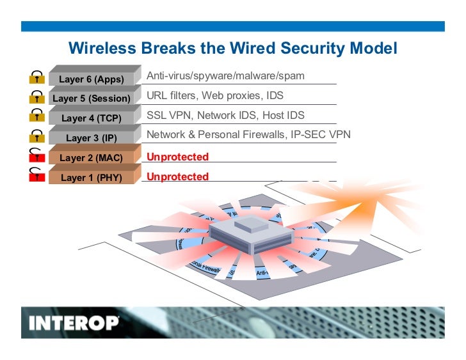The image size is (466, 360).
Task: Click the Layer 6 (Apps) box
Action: [92, 79]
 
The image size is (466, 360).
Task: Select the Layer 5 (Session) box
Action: [92, 98]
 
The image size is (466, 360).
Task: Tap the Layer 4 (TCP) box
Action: [92, 118]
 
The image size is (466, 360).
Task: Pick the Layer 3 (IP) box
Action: [92, 137]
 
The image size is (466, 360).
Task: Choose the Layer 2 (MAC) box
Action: [92, 157]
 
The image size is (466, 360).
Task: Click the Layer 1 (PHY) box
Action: [92, 177]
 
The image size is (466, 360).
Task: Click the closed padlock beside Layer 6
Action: [37, 78]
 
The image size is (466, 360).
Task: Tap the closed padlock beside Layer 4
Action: [37, 116]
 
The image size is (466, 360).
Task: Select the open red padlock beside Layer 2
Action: [37, 155]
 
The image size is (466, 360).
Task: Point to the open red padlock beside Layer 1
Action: [37, 175]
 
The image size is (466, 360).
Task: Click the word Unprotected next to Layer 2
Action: [177, 157]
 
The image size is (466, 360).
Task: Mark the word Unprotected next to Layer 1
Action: [177, 176]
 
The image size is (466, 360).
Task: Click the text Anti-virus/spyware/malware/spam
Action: [225, 76]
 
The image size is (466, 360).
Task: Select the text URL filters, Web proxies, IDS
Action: [214, 96]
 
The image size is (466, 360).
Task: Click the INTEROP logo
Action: [74, 322]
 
